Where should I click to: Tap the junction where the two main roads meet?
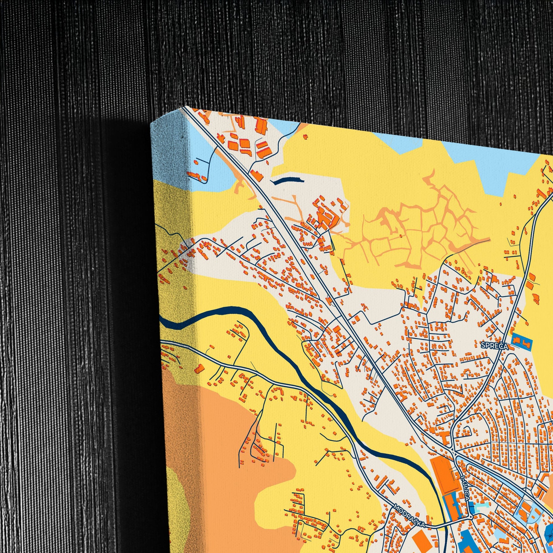click(455, 452)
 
